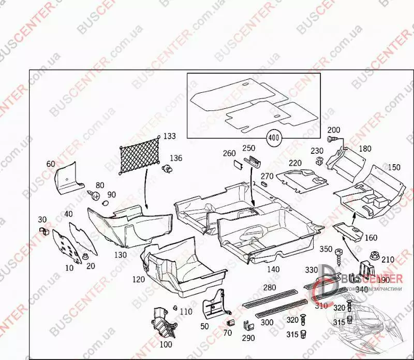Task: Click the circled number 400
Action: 273,138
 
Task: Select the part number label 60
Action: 50,164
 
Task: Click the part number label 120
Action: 139,279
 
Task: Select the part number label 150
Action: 394,167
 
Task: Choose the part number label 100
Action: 166,344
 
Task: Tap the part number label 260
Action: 229,153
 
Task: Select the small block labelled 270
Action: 264,183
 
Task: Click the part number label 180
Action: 365,149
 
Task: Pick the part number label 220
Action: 295,163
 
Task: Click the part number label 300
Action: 267,322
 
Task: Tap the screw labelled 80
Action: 94,195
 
